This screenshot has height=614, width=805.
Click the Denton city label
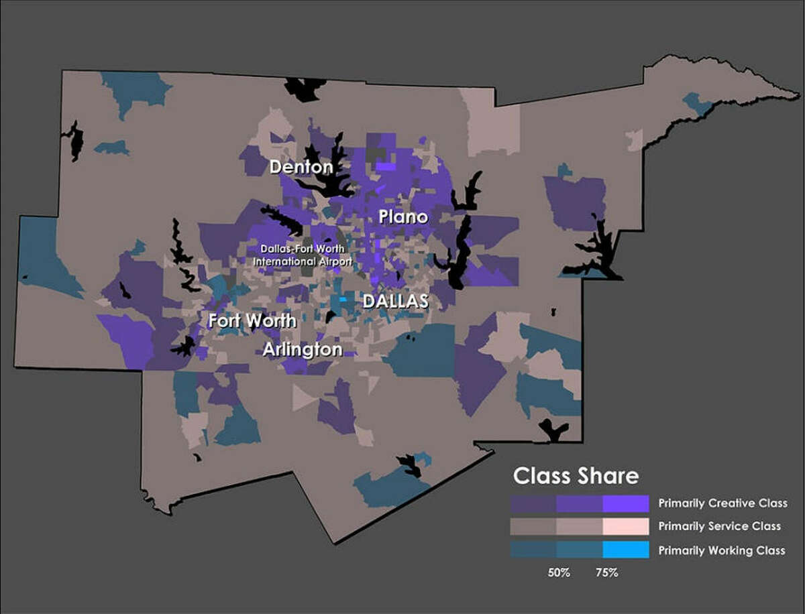click(301, 167)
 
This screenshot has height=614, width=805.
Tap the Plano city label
click(402, 217)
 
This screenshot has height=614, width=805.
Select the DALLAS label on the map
click(395, 301)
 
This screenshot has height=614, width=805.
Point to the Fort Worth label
click(252, 321)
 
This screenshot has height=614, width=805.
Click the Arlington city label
click(302, 350)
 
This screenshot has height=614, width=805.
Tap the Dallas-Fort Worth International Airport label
click(306, 255)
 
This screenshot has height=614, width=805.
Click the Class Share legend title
click(576, 477)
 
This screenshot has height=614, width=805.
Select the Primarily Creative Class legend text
click(722, 503)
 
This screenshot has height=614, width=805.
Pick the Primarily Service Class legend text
click(720, 527)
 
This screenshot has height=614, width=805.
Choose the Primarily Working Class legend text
click(721, 550)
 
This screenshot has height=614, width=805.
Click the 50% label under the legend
click(557, 574)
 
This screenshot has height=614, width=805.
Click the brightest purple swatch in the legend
click(625, 503)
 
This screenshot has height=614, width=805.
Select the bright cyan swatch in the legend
click(625, 550)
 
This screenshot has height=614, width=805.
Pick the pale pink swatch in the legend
click(625, 526)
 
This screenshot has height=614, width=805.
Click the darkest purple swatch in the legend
click(533, 503)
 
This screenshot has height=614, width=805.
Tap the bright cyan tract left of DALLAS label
click(343, 300)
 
